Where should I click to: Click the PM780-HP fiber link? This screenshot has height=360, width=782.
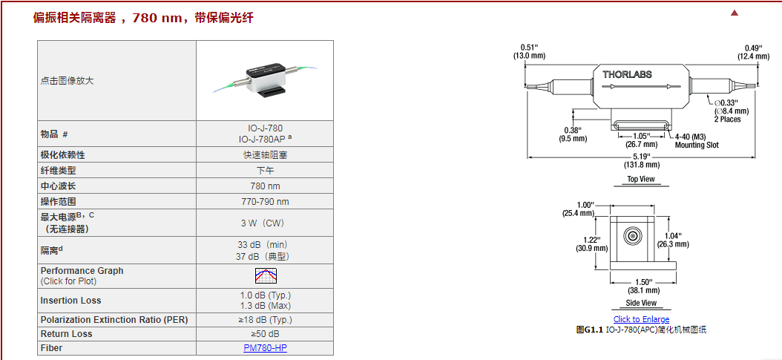coord(265,348)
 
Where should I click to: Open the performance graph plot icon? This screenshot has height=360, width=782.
coord(265,275)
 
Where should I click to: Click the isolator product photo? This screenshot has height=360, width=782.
coord(265,79)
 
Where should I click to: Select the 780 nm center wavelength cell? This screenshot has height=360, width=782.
coord(265,186)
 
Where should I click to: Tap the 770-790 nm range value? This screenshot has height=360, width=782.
coord(265,201)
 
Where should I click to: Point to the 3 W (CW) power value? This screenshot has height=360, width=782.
coord(265,223)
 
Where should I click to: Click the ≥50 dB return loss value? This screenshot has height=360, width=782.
coord(265,334)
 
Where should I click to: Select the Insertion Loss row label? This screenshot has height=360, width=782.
coord(71,301)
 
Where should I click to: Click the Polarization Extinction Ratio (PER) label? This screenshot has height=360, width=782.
coord(114,320)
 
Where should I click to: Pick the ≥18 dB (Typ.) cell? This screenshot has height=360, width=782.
coord(265,320)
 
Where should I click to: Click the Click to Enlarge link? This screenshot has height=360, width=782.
coord(641,319)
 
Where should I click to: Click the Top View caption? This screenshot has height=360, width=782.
coord(641,179)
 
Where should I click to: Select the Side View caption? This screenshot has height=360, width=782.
coord(641,303)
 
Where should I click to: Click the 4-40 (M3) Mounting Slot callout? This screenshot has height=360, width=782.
coord(697,140)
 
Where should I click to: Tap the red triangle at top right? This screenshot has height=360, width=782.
coord(735,13)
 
